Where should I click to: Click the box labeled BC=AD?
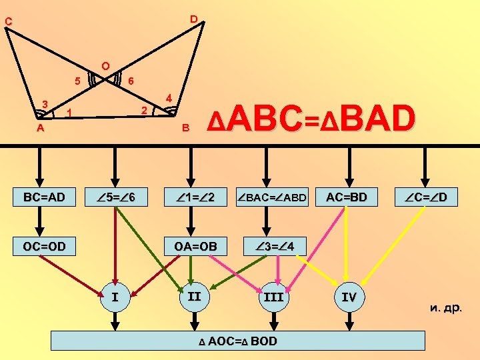[x=44, y=198]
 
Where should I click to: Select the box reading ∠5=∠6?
[x=119, y=198]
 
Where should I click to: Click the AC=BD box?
[x=348, y=197]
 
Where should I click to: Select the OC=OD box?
[x=44, y=246]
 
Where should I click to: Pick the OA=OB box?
[x=195, y=246]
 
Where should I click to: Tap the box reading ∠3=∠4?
[x=272, y=246]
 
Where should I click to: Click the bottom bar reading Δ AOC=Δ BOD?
[x=238, y=341]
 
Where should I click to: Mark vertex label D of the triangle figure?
[x=193, y=19]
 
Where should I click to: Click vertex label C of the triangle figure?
[x=8, y=22]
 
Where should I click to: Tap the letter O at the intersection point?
[x=105, y=66]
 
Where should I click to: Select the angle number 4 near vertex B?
[x=169, y=99]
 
